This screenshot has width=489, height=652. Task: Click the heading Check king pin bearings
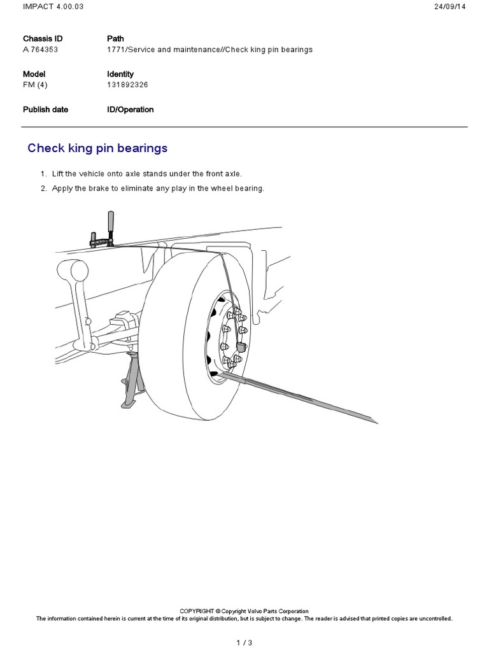pos(97,148)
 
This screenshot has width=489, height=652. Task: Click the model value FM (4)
pos(35,85)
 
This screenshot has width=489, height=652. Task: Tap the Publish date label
pos(45,110)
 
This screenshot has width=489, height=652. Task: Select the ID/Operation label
pos(130,110)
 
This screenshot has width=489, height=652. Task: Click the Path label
pos(115,39)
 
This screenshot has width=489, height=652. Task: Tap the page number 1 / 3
pos(244,642)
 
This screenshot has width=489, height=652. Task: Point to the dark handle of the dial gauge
pos(111,222)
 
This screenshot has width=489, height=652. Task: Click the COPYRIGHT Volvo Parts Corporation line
pos(244,611)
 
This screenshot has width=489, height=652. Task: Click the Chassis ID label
pos(43,39)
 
